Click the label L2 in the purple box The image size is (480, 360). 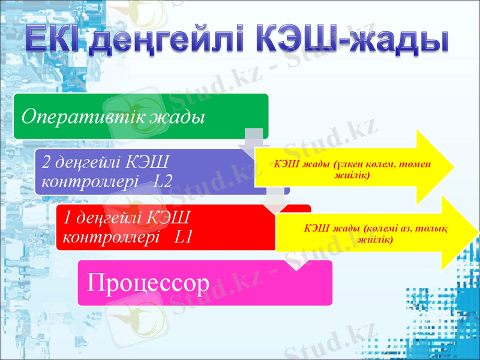click(163, 181)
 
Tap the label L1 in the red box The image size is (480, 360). click(182, 236)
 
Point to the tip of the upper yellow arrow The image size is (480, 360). click(457, 165)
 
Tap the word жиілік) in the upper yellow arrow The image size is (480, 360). click(352, 175)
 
